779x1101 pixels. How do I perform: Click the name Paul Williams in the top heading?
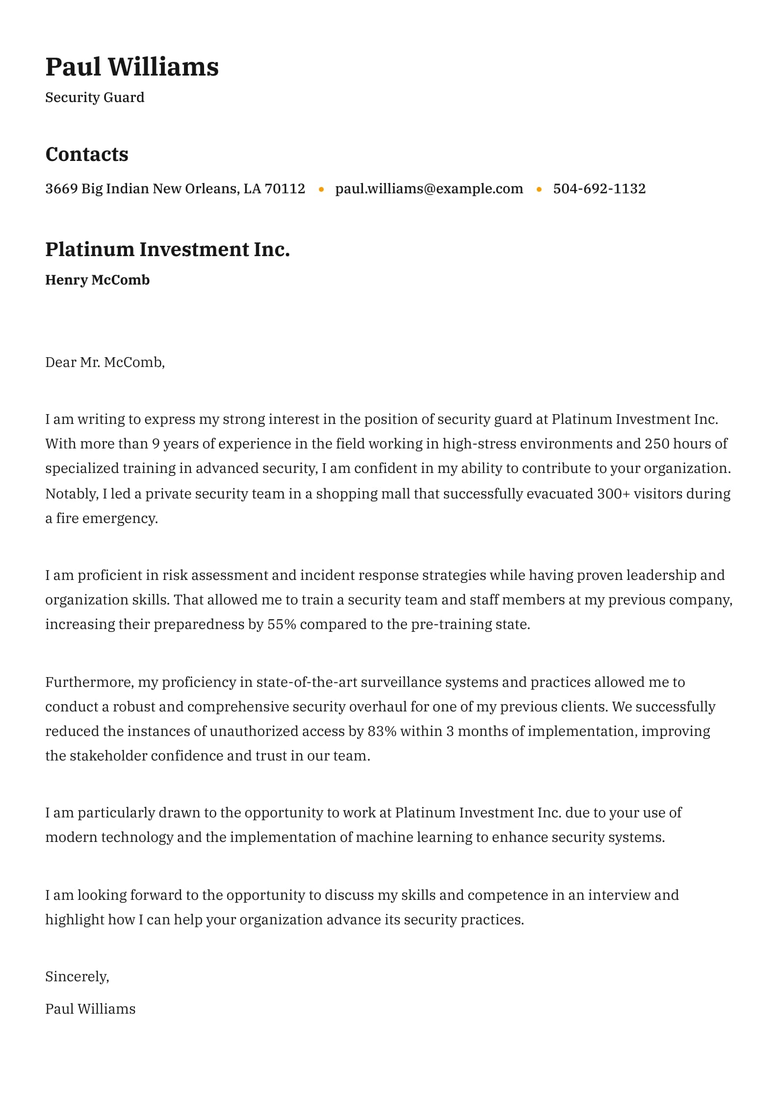point(132,67)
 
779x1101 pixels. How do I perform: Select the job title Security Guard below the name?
point(95,98)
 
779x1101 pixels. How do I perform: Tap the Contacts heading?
point(87,154)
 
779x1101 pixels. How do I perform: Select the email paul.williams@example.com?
point(429,188)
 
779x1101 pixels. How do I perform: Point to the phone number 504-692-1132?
point(599,188)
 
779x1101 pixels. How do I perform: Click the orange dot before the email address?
point(321,189)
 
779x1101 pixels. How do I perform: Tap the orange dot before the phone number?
point(539,189)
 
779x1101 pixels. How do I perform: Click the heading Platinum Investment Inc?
point(167,249)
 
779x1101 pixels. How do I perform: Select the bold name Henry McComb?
point(97,280)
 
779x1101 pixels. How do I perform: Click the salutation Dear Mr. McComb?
point(105,362)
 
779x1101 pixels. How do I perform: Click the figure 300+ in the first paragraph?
point(613,493)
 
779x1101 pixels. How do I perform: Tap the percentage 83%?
point(382,731)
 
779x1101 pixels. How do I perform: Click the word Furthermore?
point(89,682)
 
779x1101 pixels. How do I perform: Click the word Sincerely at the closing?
point(77,976)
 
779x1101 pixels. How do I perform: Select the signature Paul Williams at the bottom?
point(90,1008)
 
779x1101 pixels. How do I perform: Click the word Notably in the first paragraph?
point(72,493)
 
